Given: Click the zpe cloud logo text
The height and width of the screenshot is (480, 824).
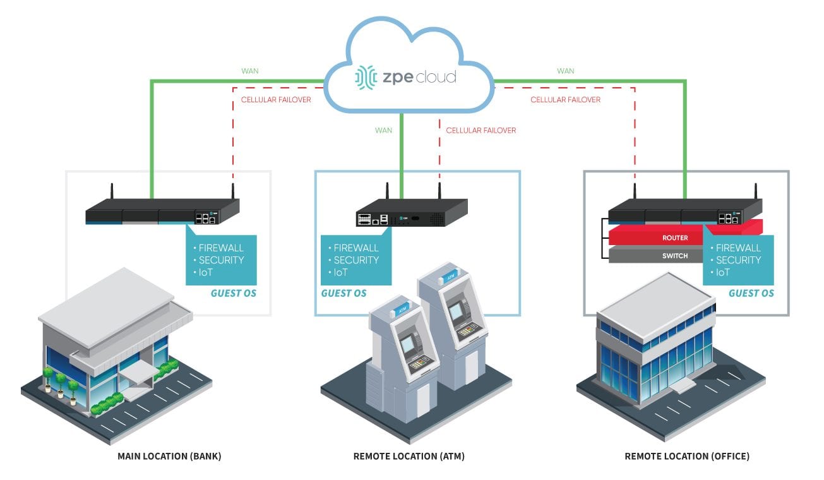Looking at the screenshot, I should (x=418, y=78).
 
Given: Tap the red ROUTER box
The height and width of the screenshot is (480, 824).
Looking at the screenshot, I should (x=657, y=238).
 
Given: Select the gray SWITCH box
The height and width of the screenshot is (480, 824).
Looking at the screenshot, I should (x=657, y=256).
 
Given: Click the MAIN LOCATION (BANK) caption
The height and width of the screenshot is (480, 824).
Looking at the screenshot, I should (x=169, y=456).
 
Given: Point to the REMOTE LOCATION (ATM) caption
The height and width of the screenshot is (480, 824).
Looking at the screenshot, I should (x=409, y=456).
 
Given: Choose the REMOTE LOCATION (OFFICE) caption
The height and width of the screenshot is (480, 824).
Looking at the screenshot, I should (x=686, y=456).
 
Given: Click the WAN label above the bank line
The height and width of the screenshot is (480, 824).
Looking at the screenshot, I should (x=250, y=71).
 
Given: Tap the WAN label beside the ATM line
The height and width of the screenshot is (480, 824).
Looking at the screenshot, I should (x=383, y=131).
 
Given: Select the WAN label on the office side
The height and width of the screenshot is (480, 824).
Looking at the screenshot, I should (x=566, y=71).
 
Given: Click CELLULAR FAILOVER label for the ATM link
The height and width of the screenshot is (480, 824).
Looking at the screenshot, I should (x=481, y=131).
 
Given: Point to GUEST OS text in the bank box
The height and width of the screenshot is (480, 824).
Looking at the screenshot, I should (x=233, y=293).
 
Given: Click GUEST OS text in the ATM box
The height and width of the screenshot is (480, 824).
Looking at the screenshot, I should (x=343, y=293).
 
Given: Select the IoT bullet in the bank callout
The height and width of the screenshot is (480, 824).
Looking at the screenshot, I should (x=207, y=272).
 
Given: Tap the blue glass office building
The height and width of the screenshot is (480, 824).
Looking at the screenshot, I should (x=663, y=354).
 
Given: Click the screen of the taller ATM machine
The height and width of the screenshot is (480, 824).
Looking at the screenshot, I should (x=453, y=310).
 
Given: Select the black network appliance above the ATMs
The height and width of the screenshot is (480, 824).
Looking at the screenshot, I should (x=410, y=212).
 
